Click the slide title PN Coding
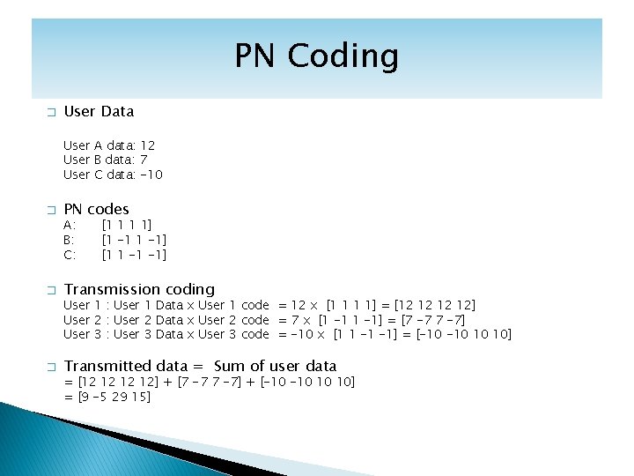(x=316, y=56)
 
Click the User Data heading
(x=99, y=111)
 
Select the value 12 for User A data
(x=148, y=145)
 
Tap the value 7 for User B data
(x=144, y=160)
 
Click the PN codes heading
(x=96, y=209)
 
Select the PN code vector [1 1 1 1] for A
(x=127, y=225)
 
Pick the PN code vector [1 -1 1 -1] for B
(x=135, y=240)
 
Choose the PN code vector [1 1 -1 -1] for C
(x=135, y=255)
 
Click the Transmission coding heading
(x=139, y=289)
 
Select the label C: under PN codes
(x=70, y=255)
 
